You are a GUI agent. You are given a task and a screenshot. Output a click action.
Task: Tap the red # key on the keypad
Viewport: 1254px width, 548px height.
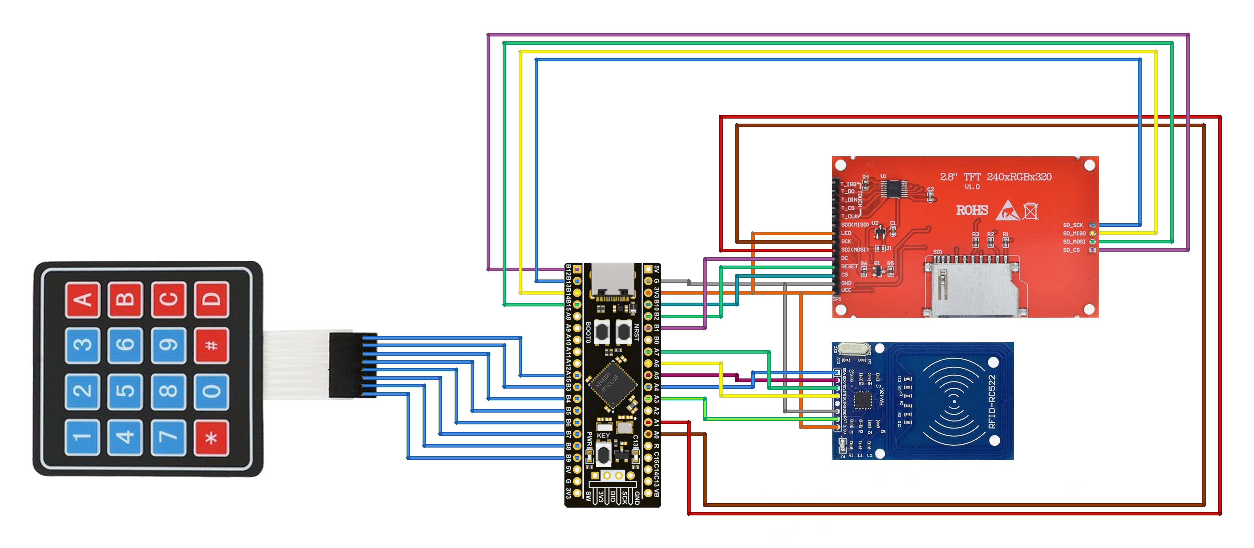tap(211, 345)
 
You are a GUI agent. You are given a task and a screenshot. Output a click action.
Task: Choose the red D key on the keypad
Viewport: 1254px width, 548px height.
tap(211, 299)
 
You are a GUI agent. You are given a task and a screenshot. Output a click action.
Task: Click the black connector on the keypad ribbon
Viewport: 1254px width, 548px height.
tap(346, 365)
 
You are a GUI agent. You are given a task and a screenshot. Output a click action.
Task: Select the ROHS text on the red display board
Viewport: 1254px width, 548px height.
tap(972, 210)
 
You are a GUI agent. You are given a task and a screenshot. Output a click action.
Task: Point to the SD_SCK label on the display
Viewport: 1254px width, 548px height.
tap(1073, 225)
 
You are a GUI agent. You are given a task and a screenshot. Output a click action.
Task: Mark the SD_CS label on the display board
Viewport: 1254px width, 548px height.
tap(1071, 250)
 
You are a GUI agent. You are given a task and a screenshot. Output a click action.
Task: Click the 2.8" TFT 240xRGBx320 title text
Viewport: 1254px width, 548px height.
tap(995, 177)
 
